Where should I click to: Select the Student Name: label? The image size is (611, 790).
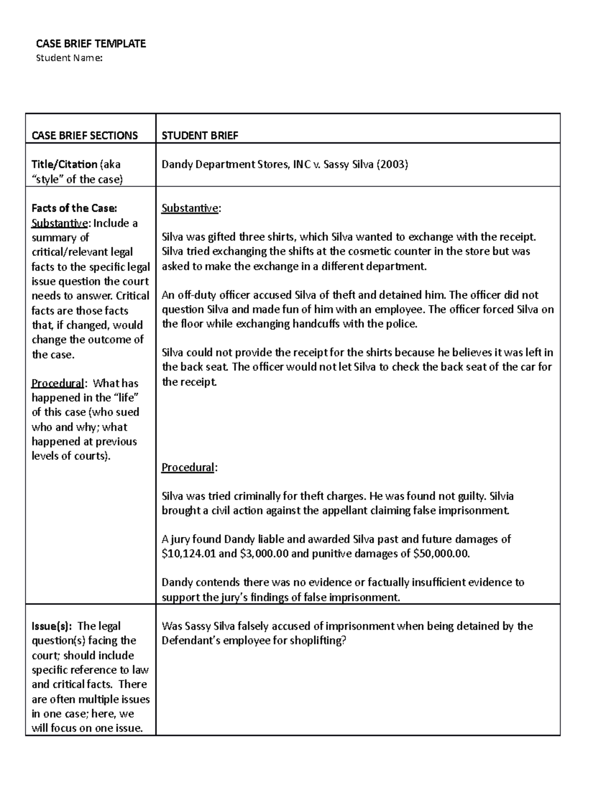pos(69,58)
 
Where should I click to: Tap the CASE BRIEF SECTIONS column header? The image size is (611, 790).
pos(85,135)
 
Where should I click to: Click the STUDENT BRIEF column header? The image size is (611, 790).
pos(200,135)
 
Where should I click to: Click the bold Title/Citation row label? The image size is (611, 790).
pos(64,164)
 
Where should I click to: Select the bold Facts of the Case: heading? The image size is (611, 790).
pos(74,208)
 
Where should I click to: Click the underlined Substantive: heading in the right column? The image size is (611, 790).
pos(190,208)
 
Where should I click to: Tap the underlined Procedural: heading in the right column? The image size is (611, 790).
pos(188,467)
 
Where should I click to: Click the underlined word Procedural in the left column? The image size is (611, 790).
pos(58,383)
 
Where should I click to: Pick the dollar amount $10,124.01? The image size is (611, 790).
pos(188,553)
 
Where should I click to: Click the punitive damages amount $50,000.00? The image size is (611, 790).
pos(441,553)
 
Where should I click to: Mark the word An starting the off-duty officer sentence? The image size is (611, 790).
pos(168,295)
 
